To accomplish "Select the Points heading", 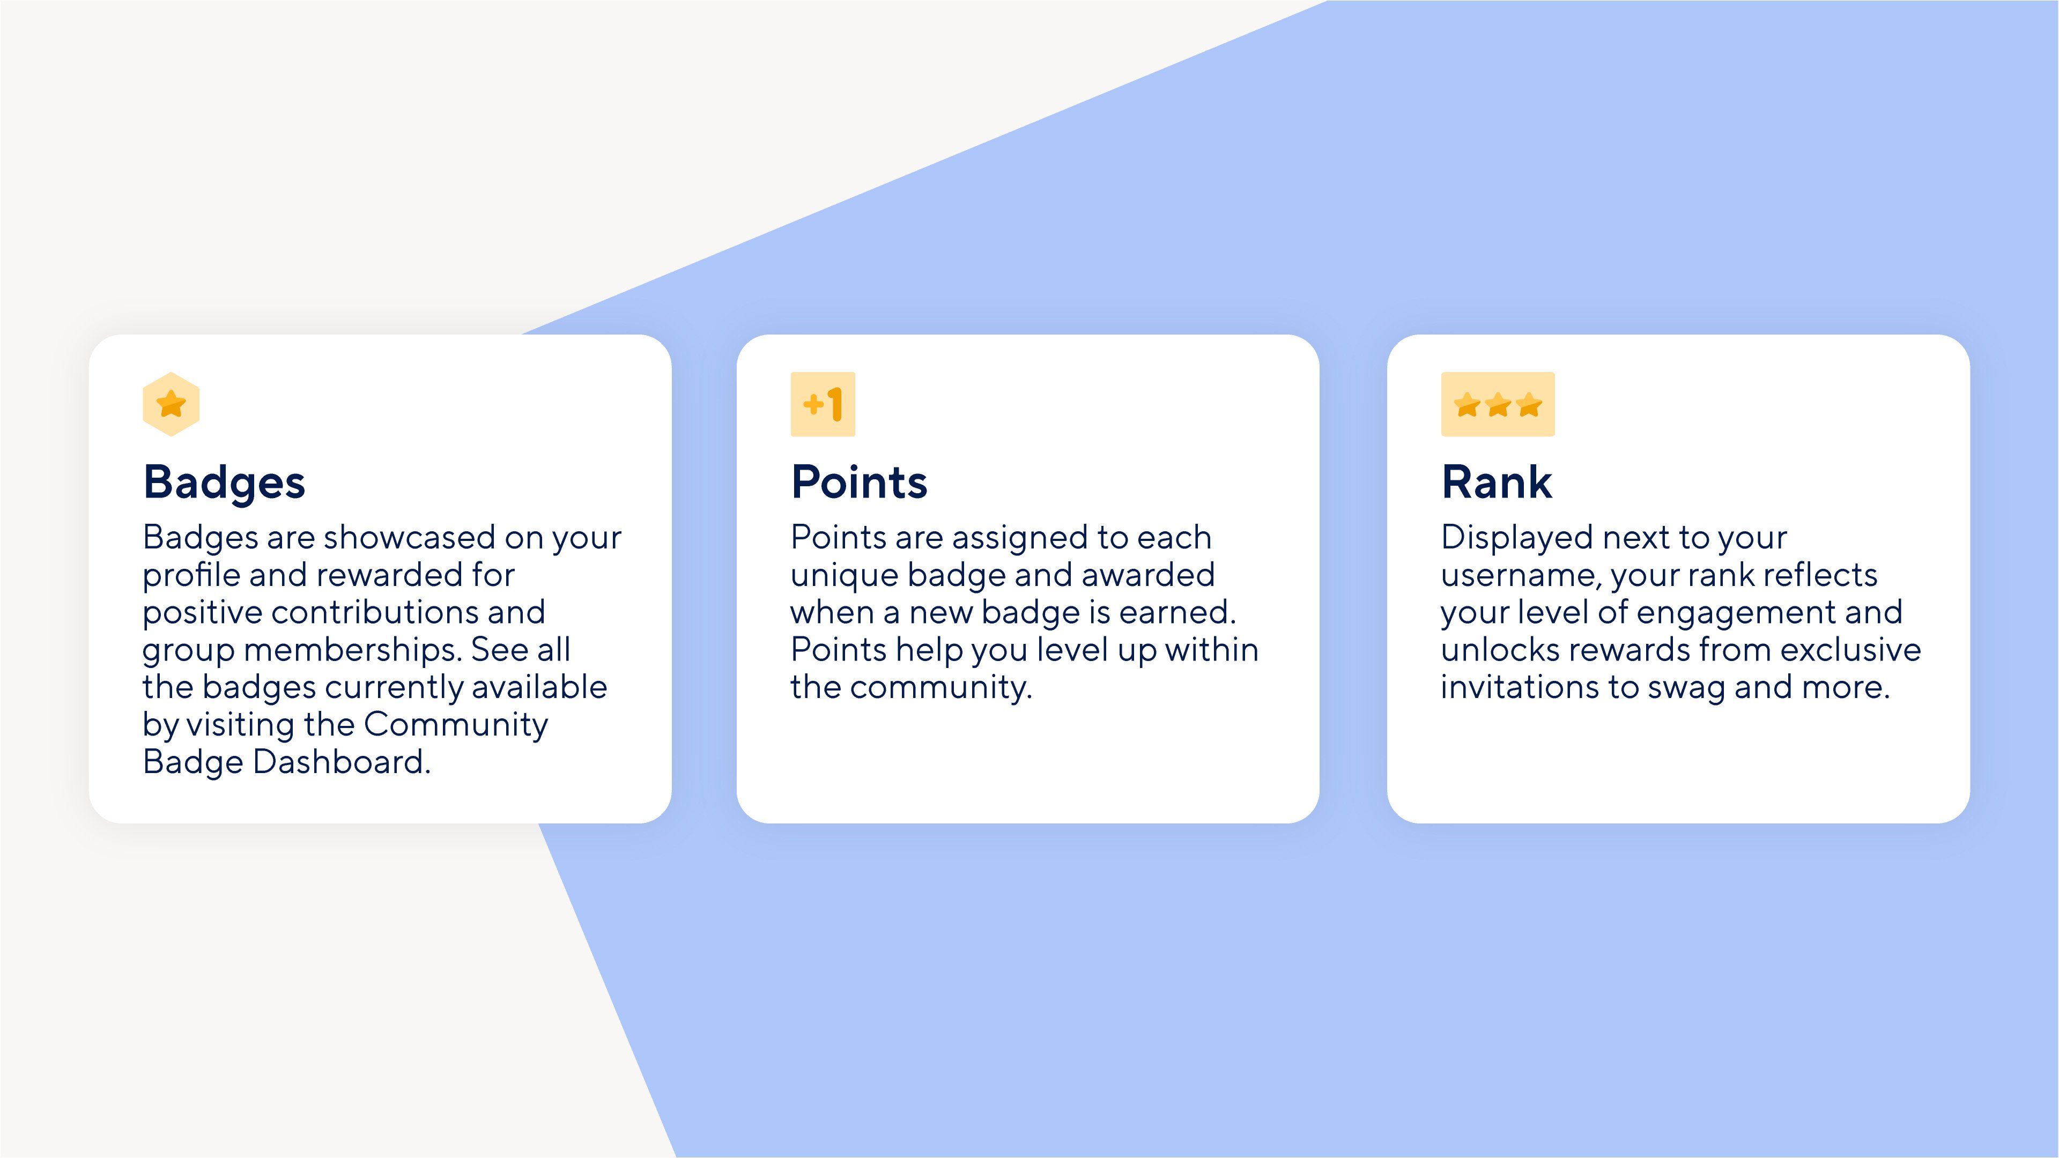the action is tap(859, 482).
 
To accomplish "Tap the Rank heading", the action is tap(1497, 482).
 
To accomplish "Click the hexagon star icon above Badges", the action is tap(171, 404).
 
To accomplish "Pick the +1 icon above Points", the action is tap(823, 404).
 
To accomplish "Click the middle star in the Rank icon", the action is tap(1499, 404).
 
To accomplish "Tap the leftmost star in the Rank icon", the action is tap(1468, 404).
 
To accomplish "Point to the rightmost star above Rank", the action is tap(1529, 404).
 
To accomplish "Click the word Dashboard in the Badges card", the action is tap(342, 762).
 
